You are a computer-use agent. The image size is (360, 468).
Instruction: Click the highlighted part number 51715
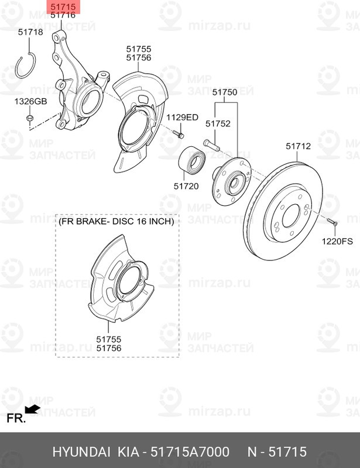click(x=63, y=6)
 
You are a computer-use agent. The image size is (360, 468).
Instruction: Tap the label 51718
click(x=30, y=32)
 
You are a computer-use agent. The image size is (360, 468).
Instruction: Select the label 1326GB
click(x=30, y=102)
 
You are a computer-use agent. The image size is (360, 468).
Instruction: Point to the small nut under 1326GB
click(x=30, y=120)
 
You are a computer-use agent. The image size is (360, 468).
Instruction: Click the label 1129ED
click(x=183, y=118)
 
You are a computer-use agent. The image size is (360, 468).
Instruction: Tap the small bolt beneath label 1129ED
click(x=179, y=135)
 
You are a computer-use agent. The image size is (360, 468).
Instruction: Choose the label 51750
click(x=224, y=92)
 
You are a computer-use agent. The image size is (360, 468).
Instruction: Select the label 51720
click(x=186, y=186)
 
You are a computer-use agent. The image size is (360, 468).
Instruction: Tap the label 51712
click(x=298, y=146)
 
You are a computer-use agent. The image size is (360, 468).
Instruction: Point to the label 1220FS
click(x=337, y=241)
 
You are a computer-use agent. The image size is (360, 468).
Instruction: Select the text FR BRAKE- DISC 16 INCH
click(x=116, y=222)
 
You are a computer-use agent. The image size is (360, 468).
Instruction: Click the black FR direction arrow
click(x=33, y=409)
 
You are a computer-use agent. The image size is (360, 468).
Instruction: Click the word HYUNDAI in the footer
click(x=81, y=452)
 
